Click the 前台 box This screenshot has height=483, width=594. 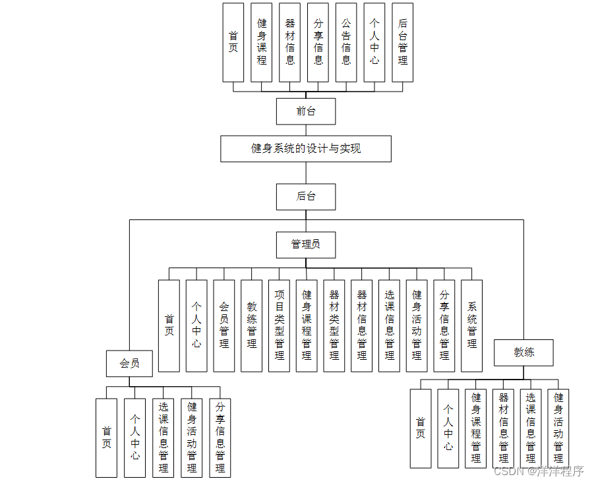[x=306, y=111]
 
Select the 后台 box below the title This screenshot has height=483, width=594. [x=306, y=196]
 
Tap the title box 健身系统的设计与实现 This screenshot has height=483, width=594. [x=306, y=149]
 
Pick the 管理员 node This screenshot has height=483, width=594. [x=306, y=244]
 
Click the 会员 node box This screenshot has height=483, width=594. [x=130, y=363]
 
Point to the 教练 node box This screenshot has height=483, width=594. [x=524, y=353]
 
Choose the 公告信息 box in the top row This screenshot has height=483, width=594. [x=346, y=42]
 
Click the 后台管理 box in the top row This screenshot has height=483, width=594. [x=402, y=42]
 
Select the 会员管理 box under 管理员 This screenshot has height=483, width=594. [x=224, y=326]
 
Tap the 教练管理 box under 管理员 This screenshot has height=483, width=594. [x=252, y=326]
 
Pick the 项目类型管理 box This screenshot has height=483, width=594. [x=279, y=326]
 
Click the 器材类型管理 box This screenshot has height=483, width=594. [x=334, y=326]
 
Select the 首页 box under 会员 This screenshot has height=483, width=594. [x=106, y=438]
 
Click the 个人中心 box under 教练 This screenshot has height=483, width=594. [x=448, y=428]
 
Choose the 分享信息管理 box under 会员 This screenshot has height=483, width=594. [x=220, y=438]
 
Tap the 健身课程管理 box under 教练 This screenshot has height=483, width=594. [x=476, y=428]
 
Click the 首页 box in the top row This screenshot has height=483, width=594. [x=233, y=42]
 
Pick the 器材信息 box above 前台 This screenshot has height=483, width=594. [x=290, y=42]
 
